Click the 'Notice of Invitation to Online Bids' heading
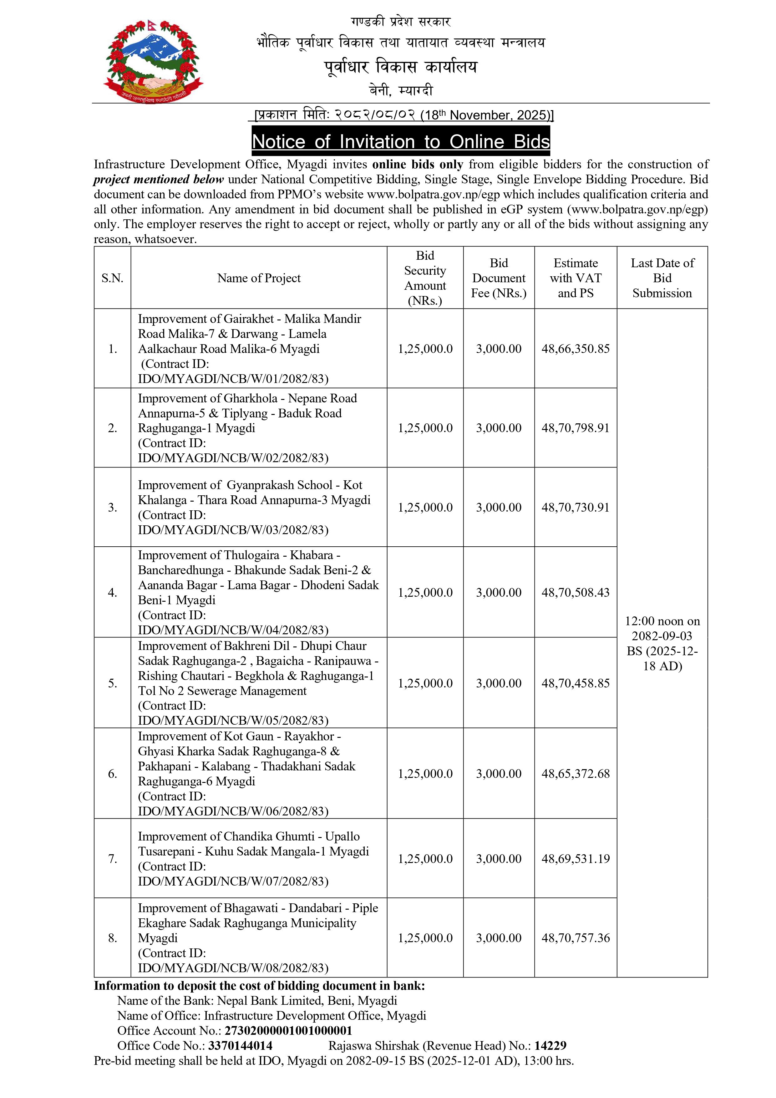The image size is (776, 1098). coord(401,141)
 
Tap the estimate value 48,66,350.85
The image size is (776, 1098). coord(575,349)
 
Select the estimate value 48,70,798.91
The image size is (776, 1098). coord(575,428)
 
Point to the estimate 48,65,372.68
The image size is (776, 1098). coord(575,774)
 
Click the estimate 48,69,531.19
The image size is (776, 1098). coord(575,859)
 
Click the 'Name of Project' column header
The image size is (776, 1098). coord(259,278)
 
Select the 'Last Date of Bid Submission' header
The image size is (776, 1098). coord(662,278)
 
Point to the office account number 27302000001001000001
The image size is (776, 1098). coord(288,1031)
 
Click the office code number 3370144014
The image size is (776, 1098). coord(240,1046)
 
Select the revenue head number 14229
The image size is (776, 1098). coord(550,1046)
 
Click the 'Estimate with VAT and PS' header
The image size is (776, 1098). coord(575,278)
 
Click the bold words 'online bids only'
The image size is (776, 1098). coord(418,165)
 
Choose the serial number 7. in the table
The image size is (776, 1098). coord(112,859)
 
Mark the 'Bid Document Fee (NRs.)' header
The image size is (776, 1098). coord(498,278)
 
